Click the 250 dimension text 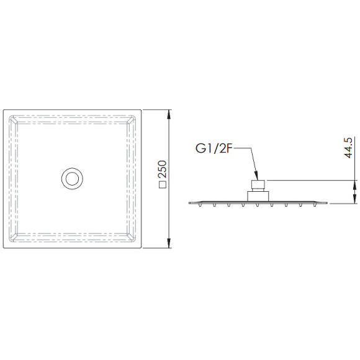coord(163,169)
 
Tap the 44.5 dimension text coord(348,148)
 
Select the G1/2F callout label coord(213,149)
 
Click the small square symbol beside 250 coord(163,184)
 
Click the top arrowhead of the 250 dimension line coord(169,114)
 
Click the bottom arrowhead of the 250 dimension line coord(169,243)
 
